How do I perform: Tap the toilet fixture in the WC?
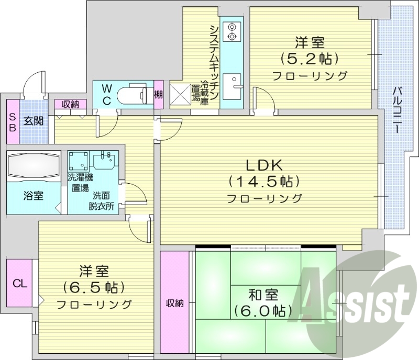point(134,95)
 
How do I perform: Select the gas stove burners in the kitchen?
point(231,31)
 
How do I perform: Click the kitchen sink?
point(231,84)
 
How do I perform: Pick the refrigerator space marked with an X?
point(181,94)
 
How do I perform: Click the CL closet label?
point(19,284)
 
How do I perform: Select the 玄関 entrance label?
point(32,121)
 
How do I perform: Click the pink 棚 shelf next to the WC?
point(158,95)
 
